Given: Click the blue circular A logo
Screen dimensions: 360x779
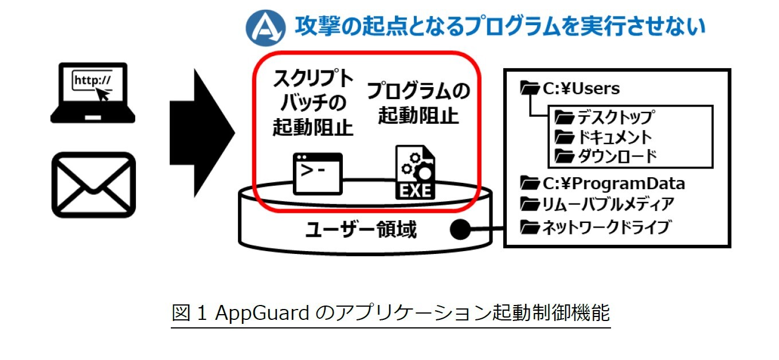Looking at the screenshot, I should pyautogui.click(x=266, y=26).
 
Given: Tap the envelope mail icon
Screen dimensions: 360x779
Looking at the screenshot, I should pyautogui.click(x=93, y=185).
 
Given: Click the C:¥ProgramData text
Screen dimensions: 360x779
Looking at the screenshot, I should pyautogui.click(x=614, y=184).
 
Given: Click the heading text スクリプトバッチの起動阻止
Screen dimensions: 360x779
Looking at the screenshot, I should pyautogui.click(x=312, y=104).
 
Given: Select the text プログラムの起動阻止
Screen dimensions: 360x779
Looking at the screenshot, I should pyautogui.click(x=418, y=103).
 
